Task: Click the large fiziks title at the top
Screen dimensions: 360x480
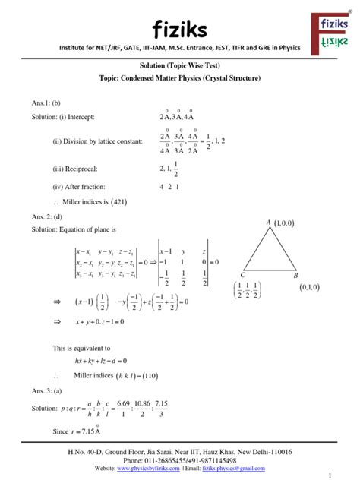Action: pos(180,29)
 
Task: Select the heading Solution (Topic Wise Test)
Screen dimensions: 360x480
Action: pos(180,67)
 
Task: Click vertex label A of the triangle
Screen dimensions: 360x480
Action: pos(268,222)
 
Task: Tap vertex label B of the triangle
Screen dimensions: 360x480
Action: pos(296,276)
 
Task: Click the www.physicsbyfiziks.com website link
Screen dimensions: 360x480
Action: pos(147,469)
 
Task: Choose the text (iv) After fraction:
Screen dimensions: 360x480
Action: pos(78,186)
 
